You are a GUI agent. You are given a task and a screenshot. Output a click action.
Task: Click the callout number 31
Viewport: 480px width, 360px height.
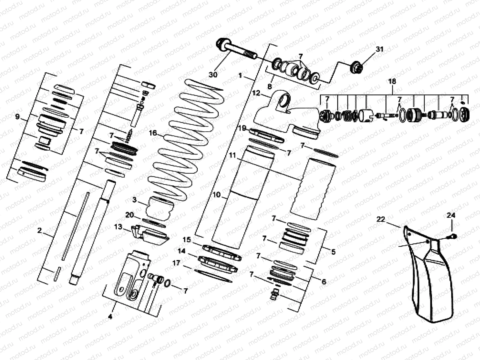[380, 49]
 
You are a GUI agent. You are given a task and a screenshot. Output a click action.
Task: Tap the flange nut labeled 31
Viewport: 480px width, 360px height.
[356, 66]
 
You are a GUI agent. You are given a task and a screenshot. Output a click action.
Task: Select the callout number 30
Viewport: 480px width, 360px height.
[213, 74]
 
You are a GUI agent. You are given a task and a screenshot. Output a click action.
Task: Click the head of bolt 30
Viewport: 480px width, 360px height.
[223, 44]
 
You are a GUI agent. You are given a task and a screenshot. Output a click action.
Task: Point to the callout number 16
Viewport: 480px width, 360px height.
[153, 133]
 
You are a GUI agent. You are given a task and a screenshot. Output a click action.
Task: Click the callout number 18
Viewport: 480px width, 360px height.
[392, 81]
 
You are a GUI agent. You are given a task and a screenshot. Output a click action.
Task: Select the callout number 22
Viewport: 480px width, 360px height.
[380, 220]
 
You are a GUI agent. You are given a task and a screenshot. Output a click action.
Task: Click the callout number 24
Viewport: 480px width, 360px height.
[451, 215]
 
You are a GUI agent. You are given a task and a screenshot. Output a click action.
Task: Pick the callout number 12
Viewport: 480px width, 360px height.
[256, 93]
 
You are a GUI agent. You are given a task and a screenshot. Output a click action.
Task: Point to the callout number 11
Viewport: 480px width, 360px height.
[233, 155]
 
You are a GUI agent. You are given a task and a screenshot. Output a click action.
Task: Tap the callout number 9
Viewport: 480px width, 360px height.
[17, 116]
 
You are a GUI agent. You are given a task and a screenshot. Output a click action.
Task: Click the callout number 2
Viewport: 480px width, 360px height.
[40, 230]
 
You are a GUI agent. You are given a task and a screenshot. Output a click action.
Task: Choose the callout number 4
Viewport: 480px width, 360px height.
[110, 316]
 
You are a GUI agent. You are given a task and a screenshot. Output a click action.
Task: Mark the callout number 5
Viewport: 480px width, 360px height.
[333, 252]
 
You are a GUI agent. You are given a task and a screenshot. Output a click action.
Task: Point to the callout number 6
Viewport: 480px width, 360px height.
[324, 282]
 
